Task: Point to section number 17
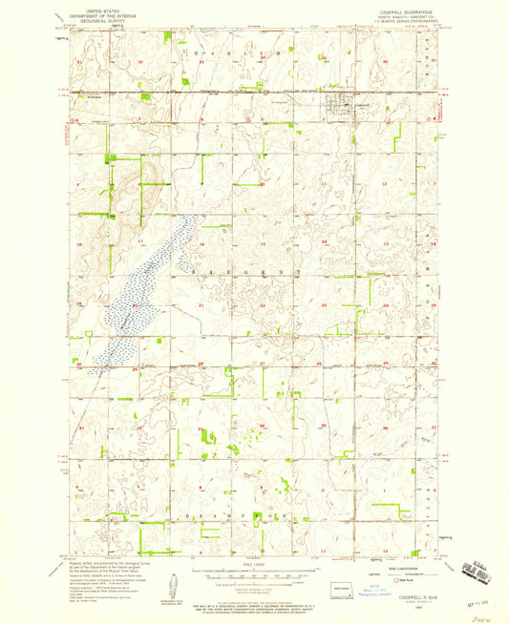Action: (x=141, y=242)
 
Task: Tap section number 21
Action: (x=201, y=305)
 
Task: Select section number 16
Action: (x=202, y=242)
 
